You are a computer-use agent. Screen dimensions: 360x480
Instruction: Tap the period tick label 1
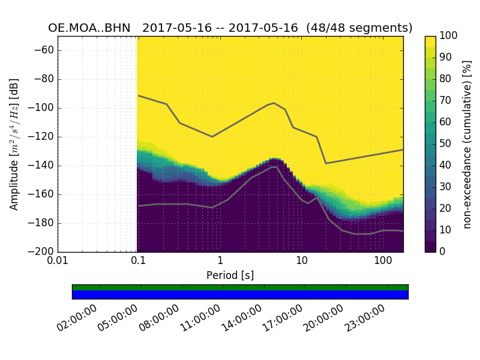coord(220,262)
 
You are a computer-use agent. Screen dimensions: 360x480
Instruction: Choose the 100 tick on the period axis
coord(383,262)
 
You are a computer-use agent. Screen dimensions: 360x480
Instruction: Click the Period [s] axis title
coord(230,275)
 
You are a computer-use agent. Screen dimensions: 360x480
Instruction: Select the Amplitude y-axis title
coord(14,144)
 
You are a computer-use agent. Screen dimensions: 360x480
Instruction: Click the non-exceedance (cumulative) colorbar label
coord(467,144)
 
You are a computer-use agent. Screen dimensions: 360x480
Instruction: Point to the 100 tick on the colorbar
coord(449,36)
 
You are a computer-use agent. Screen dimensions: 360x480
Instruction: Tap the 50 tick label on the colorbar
coord(446,144)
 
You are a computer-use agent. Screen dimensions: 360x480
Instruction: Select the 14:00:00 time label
coord(242,319)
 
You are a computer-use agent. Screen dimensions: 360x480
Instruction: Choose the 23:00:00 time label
coord(364,319)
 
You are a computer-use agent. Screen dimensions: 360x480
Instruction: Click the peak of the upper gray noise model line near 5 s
coord(274,103)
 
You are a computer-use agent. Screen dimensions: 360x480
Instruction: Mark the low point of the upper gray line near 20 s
coord(326,163)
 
